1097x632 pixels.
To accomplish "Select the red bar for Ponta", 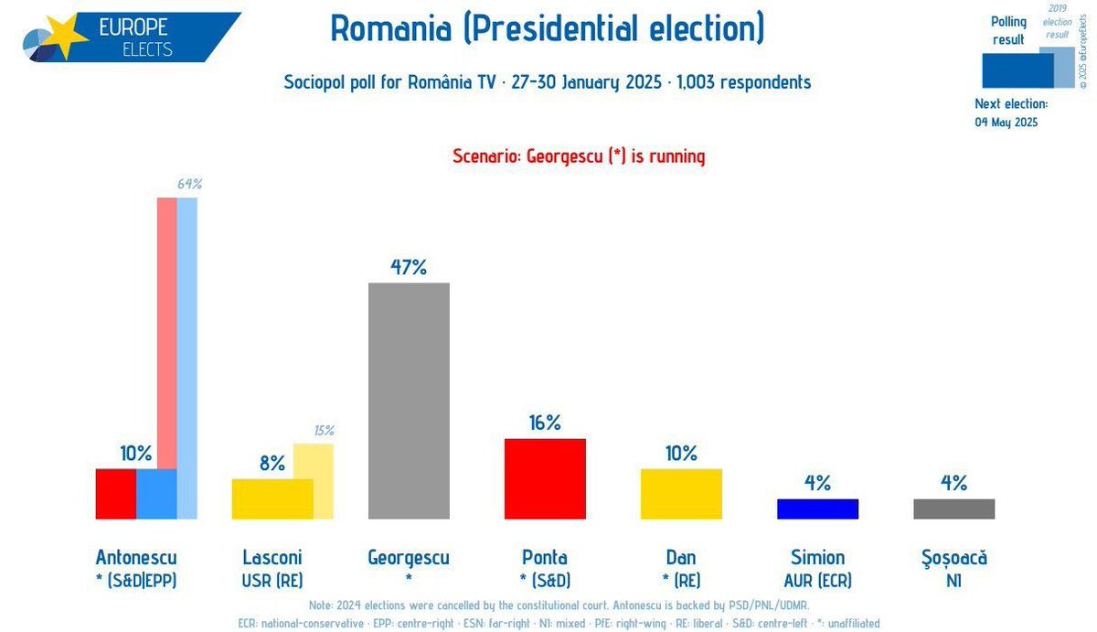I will (x=545, y=478).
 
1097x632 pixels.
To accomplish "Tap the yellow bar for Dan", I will (x=681, y=494).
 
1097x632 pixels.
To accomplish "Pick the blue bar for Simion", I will (x=817, y=509).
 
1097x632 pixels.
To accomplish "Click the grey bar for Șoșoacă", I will (x=953, y=509).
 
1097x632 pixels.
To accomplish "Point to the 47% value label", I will (x=409, y=267).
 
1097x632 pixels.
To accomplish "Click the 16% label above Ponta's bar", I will (x=545, y=423).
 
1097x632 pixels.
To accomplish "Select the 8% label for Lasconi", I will (x=272, y=463).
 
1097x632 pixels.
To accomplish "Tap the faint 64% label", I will (x=189, y=184).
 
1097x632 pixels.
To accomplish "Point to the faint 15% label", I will (x=324, y=431).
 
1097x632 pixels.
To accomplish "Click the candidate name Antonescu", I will (x=136, y=557).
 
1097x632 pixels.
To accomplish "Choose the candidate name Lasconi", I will (x=272, y=557).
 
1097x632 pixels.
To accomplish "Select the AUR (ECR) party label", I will (x=817, y=580).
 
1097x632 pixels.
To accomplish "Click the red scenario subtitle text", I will (x=579, y=156).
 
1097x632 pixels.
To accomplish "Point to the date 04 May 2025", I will (x=1006, y=122).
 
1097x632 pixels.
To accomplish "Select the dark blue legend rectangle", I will (x=1016, y=70).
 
